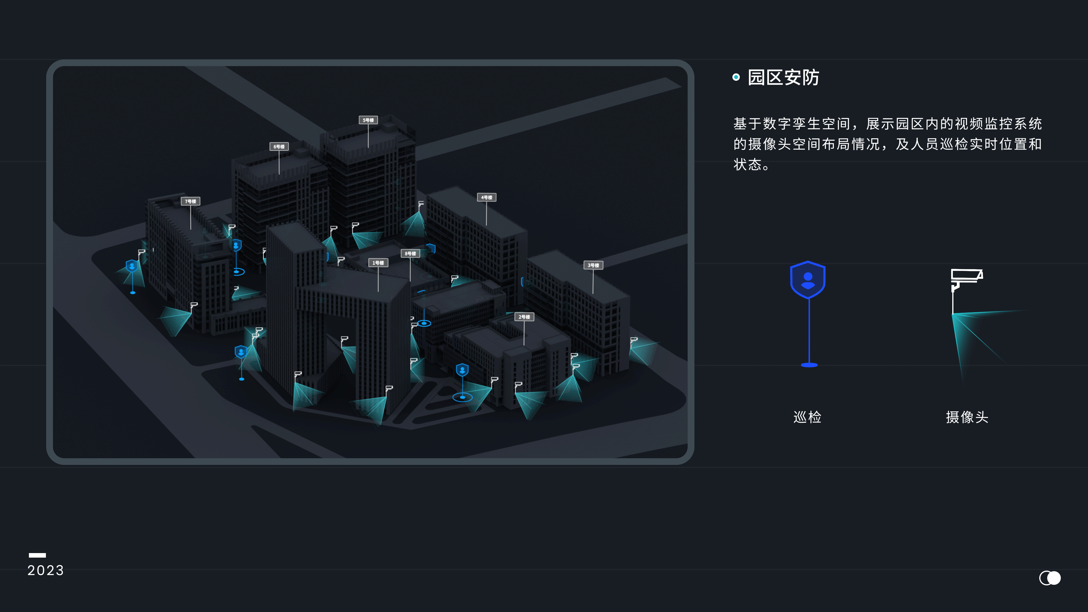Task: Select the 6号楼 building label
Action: (x=279, y=146)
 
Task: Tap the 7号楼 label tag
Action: (x=190, y=201)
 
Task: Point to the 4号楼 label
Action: (x=486, y=197)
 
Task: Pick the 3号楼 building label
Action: (x=593, y=265)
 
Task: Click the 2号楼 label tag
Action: (x=524, y=317)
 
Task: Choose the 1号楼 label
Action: (x=378, y=263)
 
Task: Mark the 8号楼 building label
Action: (x=410, y=253)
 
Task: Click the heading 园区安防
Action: (x=783, y=78)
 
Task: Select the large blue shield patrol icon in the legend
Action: (x=808, y=280)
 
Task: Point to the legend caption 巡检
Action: (x=807, y=417)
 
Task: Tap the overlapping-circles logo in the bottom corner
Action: (x=1050, y=578)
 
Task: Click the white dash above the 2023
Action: (x=37, y=555)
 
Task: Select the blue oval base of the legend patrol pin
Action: (x=809, y=365)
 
